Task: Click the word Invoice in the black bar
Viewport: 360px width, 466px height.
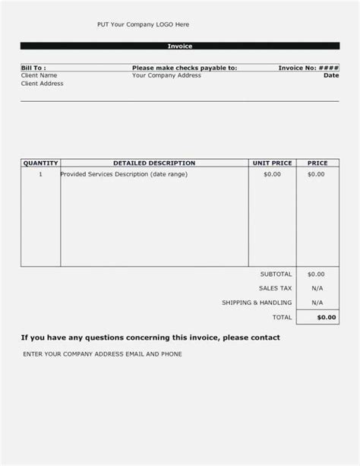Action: tap(179, 46)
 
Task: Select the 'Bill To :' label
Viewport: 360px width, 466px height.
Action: tap(35, 68)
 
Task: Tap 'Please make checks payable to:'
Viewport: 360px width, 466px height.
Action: tap(185, 68)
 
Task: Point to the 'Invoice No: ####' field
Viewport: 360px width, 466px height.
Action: tap(308, 68)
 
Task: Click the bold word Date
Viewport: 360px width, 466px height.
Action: tap(331, 76)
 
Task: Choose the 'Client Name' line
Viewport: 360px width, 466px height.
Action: tap(39, 76)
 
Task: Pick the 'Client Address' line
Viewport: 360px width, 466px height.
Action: tap(43, 84)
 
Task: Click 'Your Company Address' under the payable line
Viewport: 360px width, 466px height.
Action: tap(166, 76)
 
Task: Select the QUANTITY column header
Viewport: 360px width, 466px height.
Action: tap(40, 163)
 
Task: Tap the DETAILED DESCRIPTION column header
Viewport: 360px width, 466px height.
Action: tap(154, 163)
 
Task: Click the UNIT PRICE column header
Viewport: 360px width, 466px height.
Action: tap(272, 163)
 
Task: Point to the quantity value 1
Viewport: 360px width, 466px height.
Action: tap(40, 174)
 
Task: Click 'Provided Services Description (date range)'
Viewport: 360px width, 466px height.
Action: tap(124, 174)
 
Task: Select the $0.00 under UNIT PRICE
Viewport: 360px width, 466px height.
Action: tap(272, 174)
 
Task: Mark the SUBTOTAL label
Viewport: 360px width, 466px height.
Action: tap(276, 274)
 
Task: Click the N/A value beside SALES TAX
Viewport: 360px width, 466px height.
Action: tap(317, 288)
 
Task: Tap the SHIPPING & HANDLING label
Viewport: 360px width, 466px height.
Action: tap(257, 303)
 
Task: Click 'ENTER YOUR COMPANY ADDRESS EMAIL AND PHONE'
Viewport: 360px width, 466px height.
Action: tap(103, 354)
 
